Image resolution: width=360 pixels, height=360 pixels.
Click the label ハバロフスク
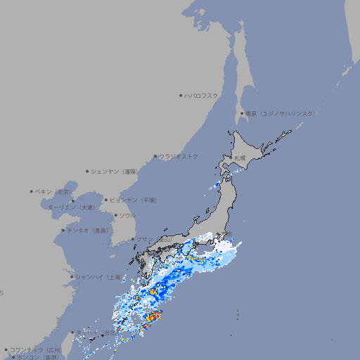tap(202, 96)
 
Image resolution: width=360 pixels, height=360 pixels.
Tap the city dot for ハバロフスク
tap(181, 96)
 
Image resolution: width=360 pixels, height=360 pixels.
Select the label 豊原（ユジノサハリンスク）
tap(280, 114)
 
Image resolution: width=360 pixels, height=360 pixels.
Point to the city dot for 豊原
tap(242, 114)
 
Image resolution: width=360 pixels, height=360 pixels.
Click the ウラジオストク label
tap(179, 157)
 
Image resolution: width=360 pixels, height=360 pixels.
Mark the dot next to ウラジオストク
tap(155, 157)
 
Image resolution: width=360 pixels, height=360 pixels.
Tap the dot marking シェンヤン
tap(87, 172)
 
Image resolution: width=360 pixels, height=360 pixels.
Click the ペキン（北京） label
tap(54, 191)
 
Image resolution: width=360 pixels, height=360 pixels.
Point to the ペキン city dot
tap(32, 191)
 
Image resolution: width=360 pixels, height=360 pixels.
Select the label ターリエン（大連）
tap(71, 207)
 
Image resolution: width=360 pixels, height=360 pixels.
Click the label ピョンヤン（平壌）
tap(133, 200)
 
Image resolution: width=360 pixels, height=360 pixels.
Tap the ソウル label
tap(127, 216)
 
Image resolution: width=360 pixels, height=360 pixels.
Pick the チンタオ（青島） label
tap(88, 231)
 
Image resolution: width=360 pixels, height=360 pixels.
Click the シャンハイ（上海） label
tap(98, 277)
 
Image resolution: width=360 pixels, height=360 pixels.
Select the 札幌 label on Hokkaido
tap(240, 158)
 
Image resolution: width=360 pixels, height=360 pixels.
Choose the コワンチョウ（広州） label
tap(36, 349)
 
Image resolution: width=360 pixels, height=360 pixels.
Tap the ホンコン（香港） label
tap(39, 357)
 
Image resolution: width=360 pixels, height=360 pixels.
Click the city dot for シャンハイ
tap(72, 277)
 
